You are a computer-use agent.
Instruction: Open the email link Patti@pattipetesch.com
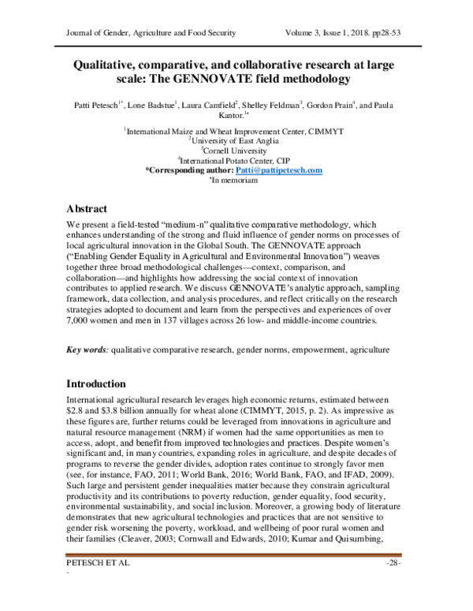click(278, 170)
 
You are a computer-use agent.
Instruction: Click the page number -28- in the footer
click(395, 586)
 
